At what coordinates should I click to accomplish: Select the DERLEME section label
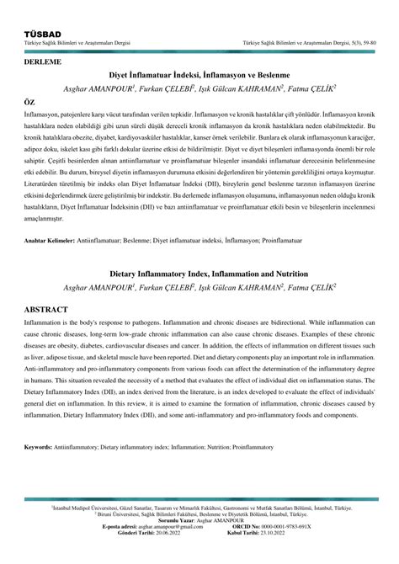44,61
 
